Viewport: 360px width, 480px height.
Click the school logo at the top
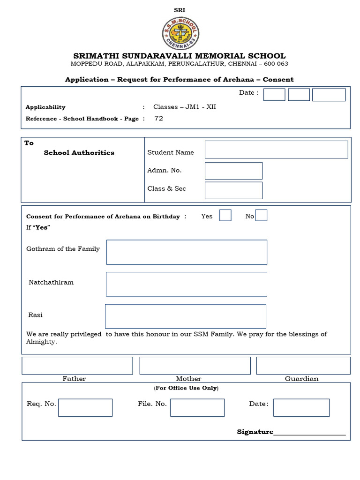tap(180, 33)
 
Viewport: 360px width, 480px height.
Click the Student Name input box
tap(276, 150)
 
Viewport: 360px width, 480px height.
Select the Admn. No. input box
tap(233, 171)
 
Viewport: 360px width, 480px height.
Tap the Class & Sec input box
tap(233, 190)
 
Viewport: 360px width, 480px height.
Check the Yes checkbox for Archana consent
tap(225, 215)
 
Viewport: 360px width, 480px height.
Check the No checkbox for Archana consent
tap(262, 215)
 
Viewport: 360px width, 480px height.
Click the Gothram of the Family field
tap(187, 252)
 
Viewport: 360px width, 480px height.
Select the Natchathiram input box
tap(187, 284)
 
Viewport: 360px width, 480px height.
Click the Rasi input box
tap(186, 316)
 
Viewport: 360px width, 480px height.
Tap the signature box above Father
tap(77, 366)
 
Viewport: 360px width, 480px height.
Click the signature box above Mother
tap(195, 366)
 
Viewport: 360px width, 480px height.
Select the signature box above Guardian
tap(303, 366)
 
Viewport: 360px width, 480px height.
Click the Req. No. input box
tap(85, 407)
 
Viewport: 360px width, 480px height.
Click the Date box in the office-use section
tap(301, 407)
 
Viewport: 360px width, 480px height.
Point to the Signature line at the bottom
tap(309, 433)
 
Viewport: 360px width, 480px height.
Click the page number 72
tap(159, 119)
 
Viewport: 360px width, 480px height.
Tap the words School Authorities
tap(79, 153)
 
